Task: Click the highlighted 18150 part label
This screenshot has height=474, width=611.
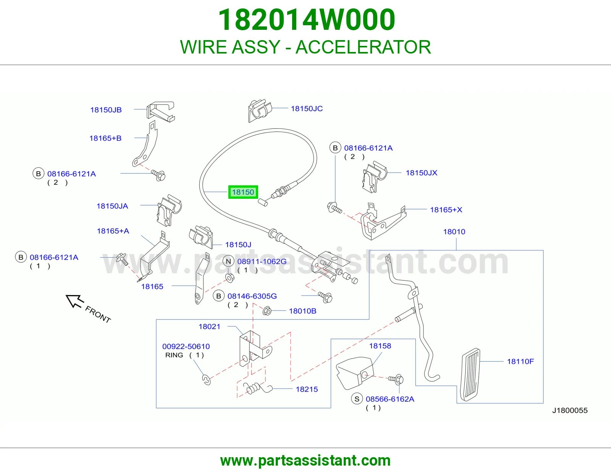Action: tap(243, 192)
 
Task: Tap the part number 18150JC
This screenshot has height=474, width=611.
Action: tap(307, 109)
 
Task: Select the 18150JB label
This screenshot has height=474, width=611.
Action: tap(106, 110)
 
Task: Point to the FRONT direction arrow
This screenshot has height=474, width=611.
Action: tap(74, 301)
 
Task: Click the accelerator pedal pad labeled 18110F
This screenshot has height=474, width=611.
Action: tap(470, 374)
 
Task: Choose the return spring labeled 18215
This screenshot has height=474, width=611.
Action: tap(257, 388)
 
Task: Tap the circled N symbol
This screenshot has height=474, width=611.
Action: tap(228, 261)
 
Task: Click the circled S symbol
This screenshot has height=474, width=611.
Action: tap(357, 399)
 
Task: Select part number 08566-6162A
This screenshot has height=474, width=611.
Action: tap(390, 399)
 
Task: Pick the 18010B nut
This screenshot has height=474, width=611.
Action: tap(267, 311)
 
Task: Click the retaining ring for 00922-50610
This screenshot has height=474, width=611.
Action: tap(206, 380)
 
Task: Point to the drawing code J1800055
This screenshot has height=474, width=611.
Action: tap(570, 411)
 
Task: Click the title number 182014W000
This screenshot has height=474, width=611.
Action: tap(307, 20)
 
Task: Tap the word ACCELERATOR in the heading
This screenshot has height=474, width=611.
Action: tap(363, 47)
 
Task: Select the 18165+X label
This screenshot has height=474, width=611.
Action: tap(446, 210)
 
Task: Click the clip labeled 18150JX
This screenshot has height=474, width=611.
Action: tap(374, 177)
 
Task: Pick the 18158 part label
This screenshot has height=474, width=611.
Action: tap(380, 346)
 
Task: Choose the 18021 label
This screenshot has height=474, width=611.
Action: tap(209, 326)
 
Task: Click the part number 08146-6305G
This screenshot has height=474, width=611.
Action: tap(252, 296)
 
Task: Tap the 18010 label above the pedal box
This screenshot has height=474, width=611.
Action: tap(454, 232)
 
